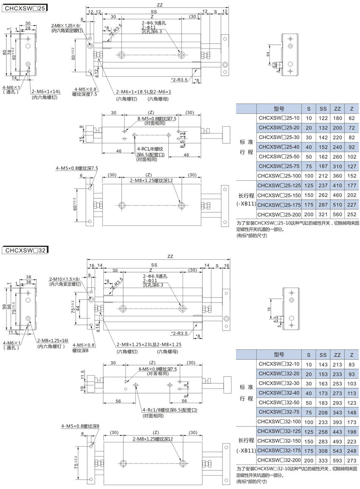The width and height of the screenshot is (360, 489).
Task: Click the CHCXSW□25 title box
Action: tap(24, 8)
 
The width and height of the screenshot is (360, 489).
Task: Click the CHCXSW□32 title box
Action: tap(25, 250)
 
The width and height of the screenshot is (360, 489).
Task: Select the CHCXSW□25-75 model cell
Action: tap(279, 166)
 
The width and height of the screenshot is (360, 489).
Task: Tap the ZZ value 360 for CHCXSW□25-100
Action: tap(337, 176)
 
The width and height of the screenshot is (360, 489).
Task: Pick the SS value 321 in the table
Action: tap(323, 215)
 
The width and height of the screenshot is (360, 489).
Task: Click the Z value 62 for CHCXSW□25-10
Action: tap(352, 118)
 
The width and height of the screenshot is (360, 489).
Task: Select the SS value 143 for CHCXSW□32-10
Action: tap(323, 365)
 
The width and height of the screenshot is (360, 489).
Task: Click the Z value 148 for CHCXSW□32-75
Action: tap(352, 412)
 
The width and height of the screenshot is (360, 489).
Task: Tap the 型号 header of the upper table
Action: tap(279, 109)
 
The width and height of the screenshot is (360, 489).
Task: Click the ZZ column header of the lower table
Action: tap(337, 355)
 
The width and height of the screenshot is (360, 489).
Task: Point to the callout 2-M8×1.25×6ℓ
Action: tap(66, 25)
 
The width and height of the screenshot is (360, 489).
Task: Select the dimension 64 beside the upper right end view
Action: tap(268, 54)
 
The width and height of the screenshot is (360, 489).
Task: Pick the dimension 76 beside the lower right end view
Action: tap(269, 309)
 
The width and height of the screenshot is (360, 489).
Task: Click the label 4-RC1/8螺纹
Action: tap(150, 149)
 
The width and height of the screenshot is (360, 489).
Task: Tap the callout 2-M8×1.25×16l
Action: tap(53, 340)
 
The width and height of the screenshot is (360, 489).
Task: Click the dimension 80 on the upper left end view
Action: tap(5, 53)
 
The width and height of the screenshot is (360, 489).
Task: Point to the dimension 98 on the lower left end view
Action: tap(5, 307)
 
